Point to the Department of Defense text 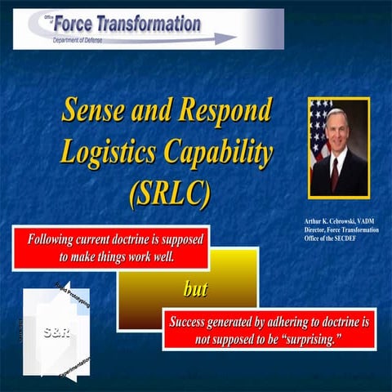pos(77,38)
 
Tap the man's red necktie pos(336,172)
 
